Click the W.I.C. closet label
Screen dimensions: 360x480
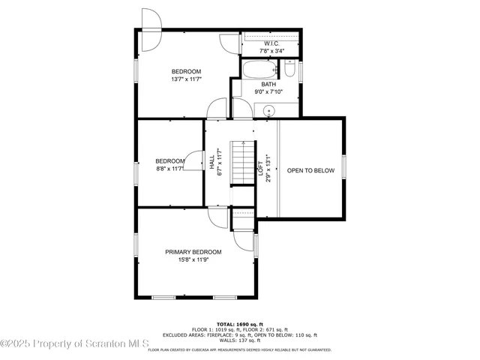point(271,43)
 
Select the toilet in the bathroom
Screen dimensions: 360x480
point(289,70)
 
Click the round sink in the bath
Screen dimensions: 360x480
point(268,109)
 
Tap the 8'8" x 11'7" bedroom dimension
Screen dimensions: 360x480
point(169,169)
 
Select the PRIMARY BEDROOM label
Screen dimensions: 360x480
point(193,252)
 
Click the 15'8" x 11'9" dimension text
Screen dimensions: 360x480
point(193,260)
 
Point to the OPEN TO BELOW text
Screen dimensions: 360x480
point(310,171)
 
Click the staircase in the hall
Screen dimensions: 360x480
point(242,161)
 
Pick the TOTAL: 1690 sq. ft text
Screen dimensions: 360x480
point(239,322)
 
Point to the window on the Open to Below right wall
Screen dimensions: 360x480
point(344,167)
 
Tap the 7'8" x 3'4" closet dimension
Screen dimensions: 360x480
point(271,51)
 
